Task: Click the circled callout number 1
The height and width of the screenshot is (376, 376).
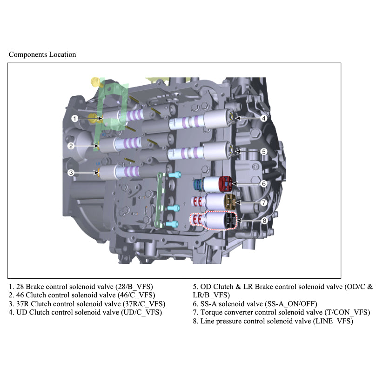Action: click(74, 119)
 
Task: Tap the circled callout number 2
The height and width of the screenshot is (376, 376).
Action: click(71, 146)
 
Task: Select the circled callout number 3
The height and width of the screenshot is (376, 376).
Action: click(71, 173)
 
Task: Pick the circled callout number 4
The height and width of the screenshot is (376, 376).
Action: click(263, 118)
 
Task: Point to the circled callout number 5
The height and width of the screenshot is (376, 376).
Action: click(263, 151)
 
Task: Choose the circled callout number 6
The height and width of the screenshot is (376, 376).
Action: click(263, 184)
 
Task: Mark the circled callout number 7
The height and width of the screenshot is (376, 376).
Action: click(263, 202)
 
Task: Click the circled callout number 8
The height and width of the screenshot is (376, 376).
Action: click(263, 221)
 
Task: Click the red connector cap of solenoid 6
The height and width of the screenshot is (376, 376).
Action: click(226, 183)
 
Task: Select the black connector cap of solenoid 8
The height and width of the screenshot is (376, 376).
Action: click(229, 221)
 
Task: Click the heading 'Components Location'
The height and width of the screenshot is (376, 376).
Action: click(42, 54)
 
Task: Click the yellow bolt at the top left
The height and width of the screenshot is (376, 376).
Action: click(96, 83)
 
